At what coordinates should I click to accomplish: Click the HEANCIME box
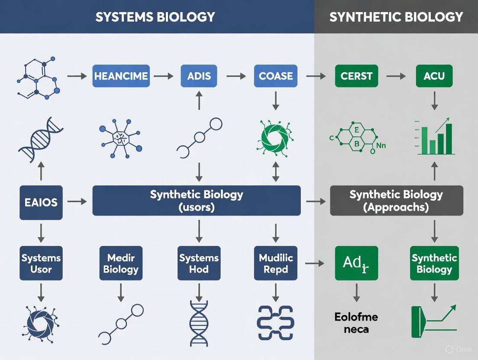point(121,76)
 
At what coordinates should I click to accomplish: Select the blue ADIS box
point(199,76)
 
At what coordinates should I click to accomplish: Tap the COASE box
point(275,76)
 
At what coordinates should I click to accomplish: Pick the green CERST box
point(357,76)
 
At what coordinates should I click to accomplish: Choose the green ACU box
point(434,76)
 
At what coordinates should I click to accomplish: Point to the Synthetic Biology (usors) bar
point(197,201)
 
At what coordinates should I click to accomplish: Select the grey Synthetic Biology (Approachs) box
point(396,201)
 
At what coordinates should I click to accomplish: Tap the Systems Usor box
point(41,264)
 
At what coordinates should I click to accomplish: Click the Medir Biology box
point(121,264)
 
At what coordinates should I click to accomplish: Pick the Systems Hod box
point(199,264)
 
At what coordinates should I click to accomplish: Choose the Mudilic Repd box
point(276,264)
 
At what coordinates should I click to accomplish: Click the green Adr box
point(357,263)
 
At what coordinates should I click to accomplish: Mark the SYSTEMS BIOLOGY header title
point(155,16)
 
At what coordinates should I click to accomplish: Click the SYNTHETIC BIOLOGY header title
point(396,16)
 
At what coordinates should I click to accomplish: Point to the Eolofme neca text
point(356,323)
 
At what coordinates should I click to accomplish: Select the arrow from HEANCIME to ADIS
point(163,76)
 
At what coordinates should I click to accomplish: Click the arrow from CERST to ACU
point(395,76)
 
